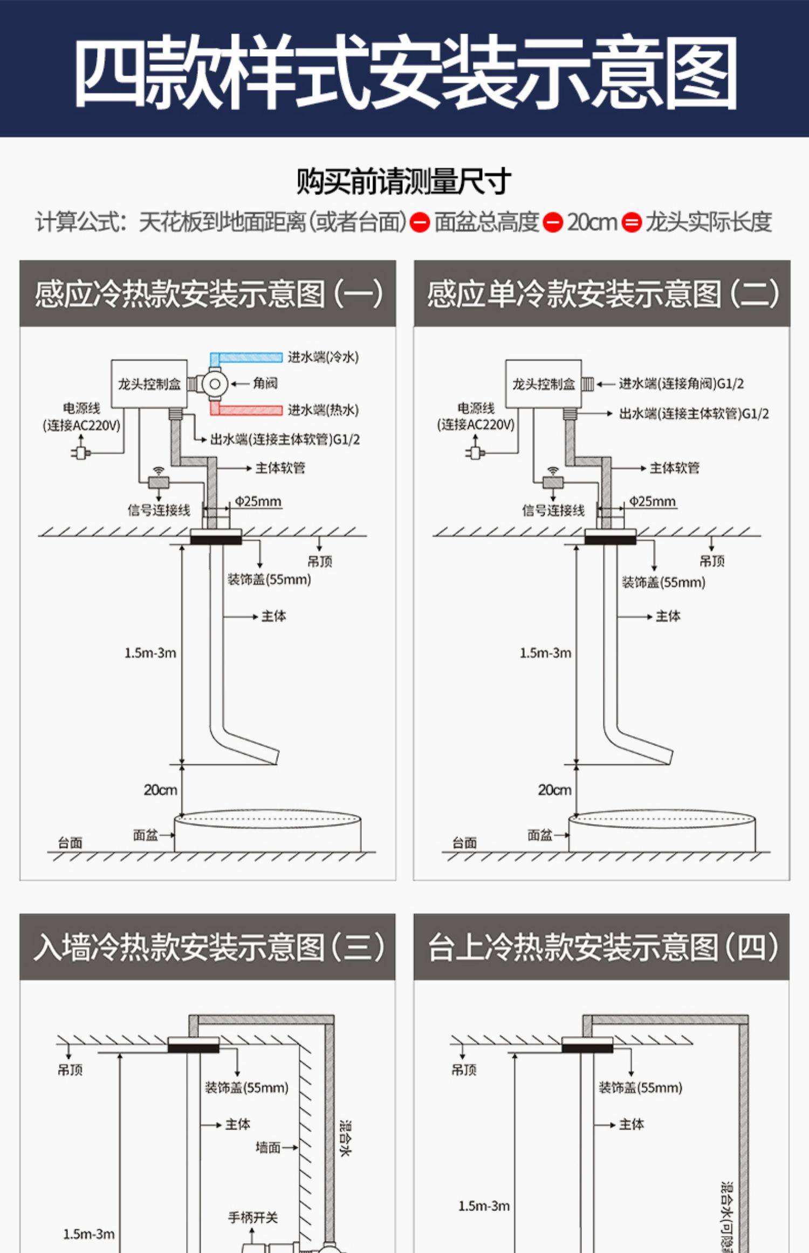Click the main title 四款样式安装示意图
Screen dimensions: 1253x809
tap(404, 70)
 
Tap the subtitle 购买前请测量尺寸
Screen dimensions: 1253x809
tap(403, 181)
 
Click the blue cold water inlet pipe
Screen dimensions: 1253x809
tap(248, 357)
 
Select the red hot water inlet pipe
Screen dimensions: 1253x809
tap(248, 410)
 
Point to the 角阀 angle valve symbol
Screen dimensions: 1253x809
tap(215, 384)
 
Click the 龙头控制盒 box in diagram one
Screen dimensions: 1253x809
tap(149, 384)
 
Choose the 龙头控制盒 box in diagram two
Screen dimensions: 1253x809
tap(543, 384)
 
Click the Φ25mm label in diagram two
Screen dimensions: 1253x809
tap(652, 501)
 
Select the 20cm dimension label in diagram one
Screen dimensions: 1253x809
tap(160, 790)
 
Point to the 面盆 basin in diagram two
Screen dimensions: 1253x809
tap(662, 834)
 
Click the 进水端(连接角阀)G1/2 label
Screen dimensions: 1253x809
tap(681, 384)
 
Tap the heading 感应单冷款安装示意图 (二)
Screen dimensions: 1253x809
tap(602, 294)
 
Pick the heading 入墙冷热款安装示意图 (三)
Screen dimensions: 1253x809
tap(208, 948)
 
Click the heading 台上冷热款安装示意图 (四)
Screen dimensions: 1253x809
tap(602, 948)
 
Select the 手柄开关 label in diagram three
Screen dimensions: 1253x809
tap(253, 1217)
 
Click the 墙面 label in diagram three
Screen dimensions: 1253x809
tap(268, 1147)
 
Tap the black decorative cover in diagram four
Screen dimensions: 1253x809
tap(587, 1047)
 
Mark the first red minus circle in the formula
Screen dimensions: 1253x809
tap(420, 222)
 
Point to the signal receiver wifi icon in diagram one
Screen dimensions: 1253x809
tap(159, 471)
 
